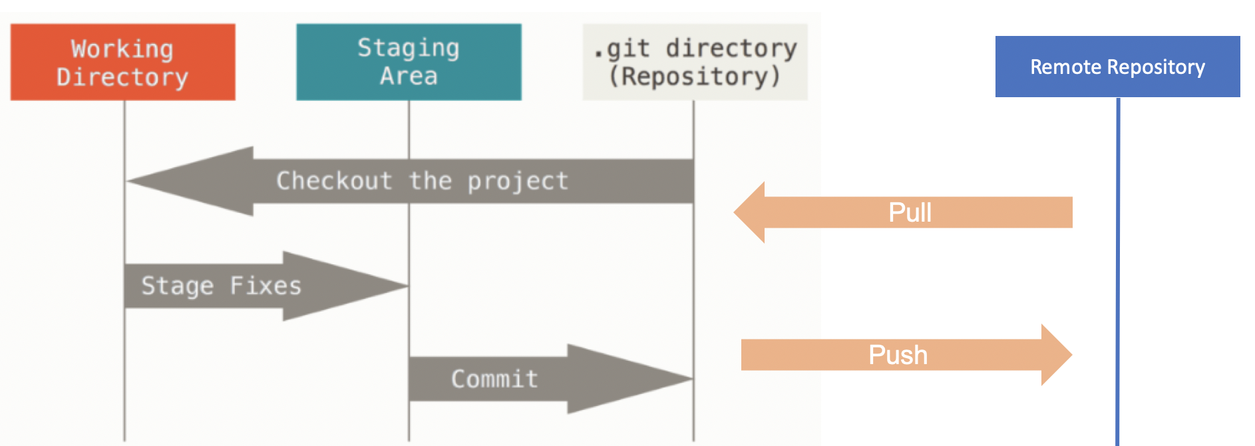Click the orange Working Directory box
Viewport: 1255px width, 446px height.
pyautogui.click(x=122, y=62)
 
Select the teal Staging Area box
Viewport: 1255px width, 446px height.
pyautogui.click(x=408, y=62)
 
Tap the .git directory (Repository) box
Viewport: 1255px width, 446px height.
pyautogui.click(x=695, y=62)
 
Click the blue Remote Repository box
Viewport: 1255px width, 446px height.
pyautogui.click(x=1117, y=67)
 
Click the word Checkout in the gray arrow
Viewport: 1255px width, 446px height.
pyautogui.click(x=334, y=181)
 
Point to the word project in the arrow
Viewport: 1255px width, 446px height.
pyautogui.click(x=518, y=181)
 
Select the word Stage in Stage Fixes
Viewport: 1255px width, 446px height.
pyautogui.click(x=177, y=286)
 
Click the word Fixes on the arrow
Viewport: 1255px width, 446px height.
pyautogui.click(x=266, y=286)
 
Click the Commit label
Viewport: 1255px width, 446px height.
pyautogui.click(x=494, y=379)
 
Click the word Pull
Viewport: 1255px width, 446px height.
pyautogui.click(x=910, y=213)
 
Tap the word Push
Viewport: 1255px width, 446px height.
pyautogui.click(x=898, y=355)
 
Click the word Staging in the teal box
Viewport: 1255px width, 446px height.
pyautogui.click(x=408, y=48)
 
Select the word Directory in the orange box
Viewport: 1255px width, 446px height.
pyautogui.click(x=122, y=77)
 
